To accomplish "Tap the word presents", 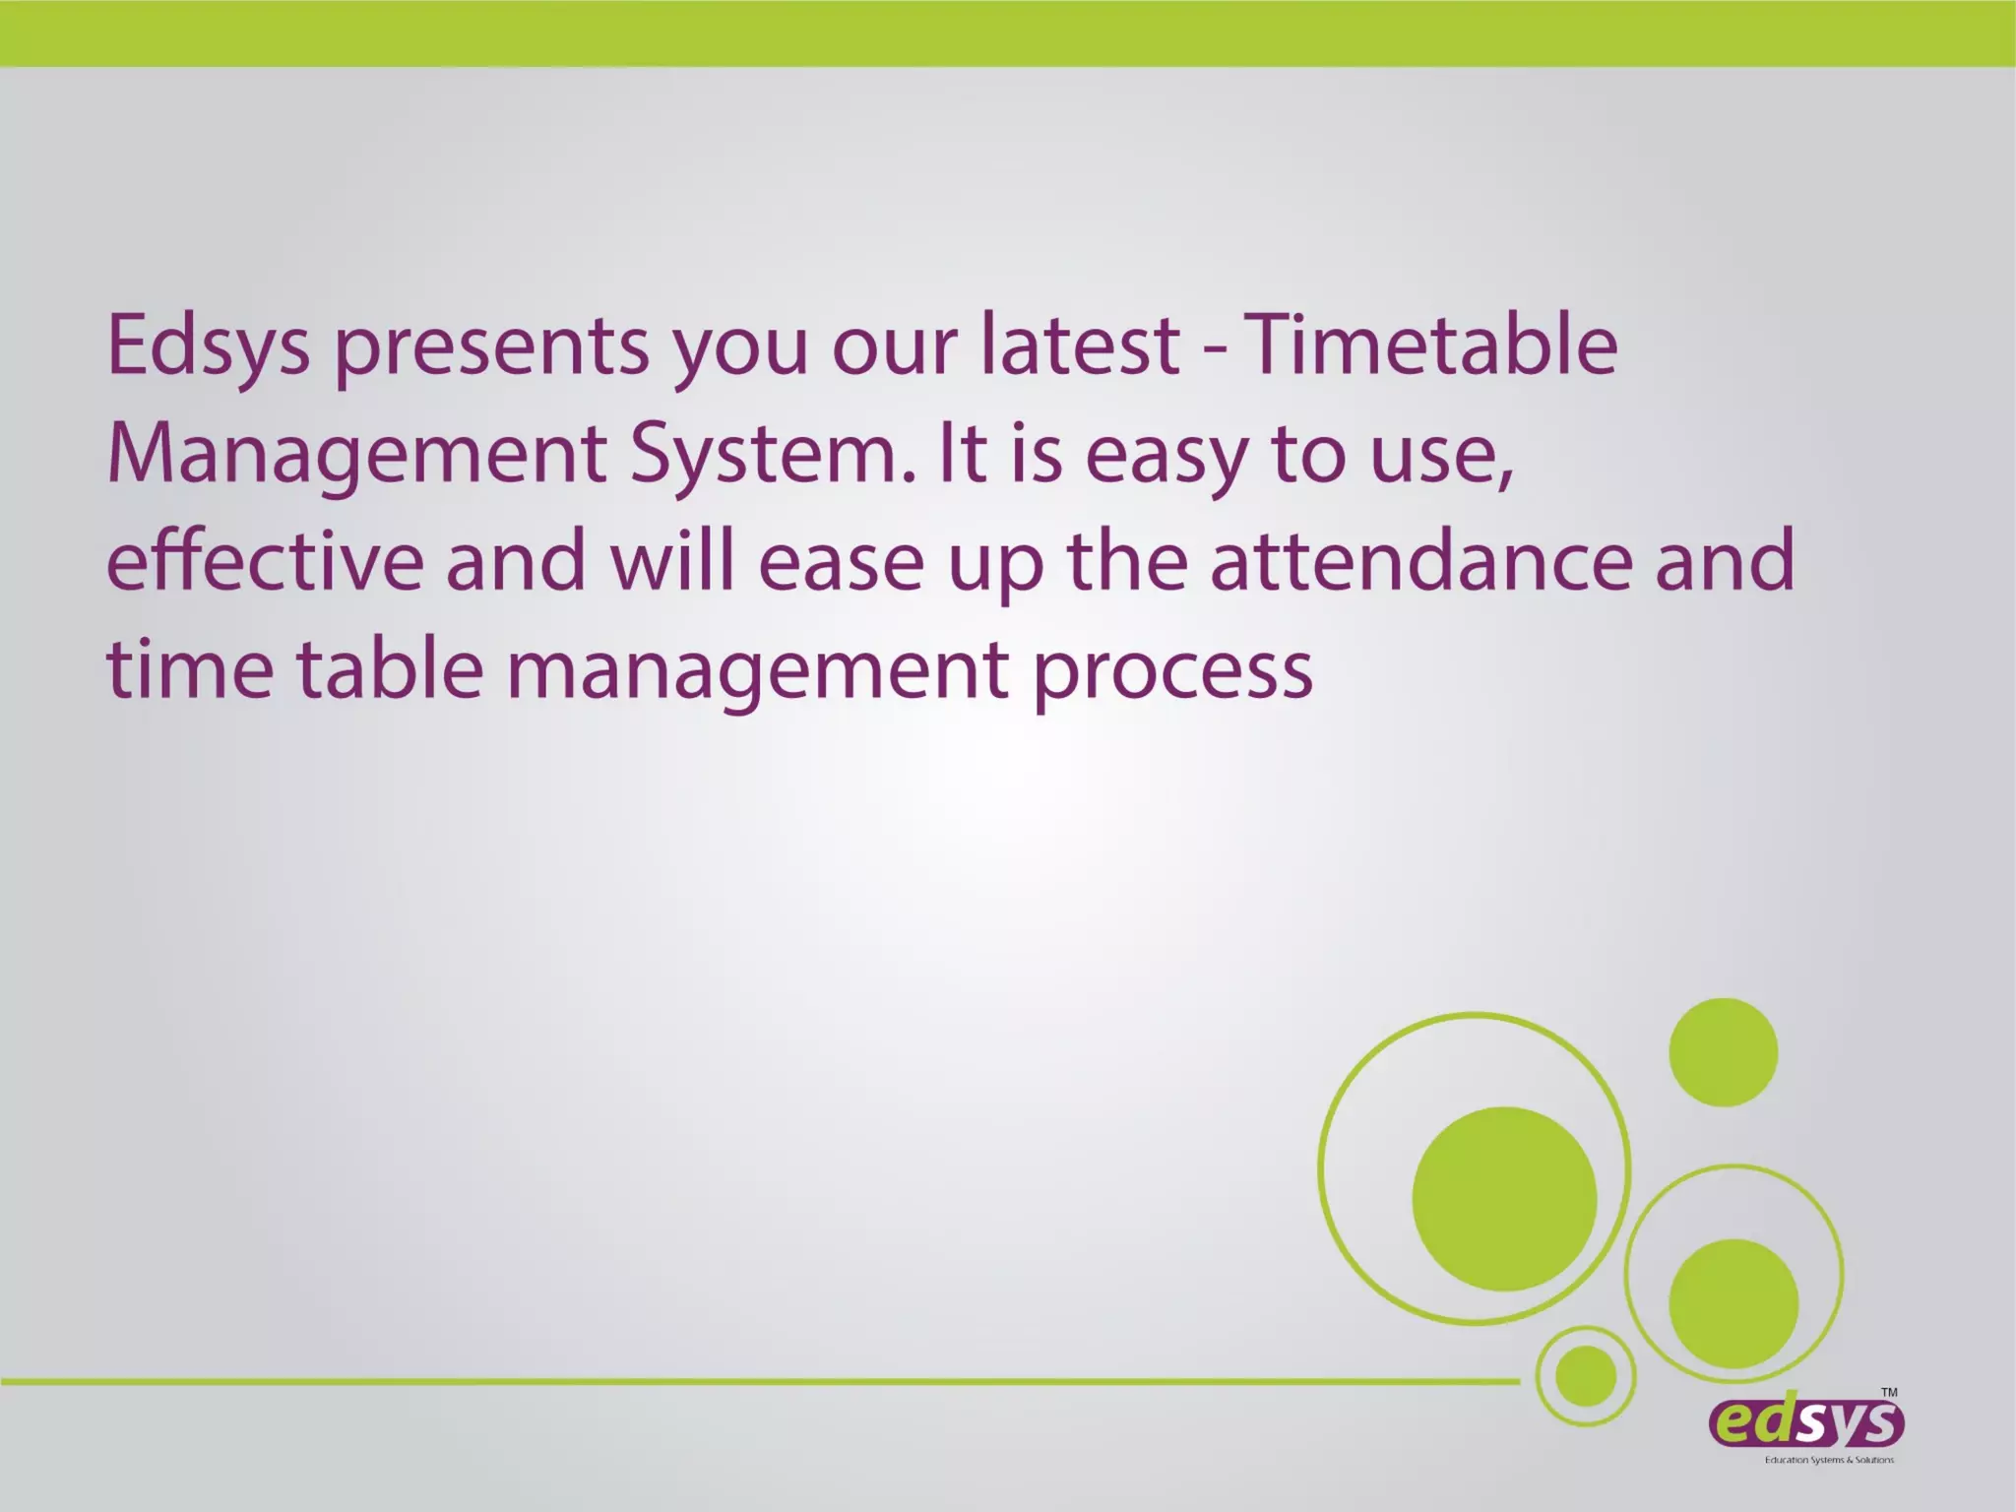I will tap(491, 347).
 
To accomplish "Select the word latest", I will tap(1080, 346).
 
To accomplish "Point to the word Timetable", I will tap(1432, 346).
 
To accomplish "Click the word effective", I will tap(265, 561).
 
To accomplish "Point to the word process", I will tap(1172, 672).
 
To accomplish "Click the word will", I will tap(672, 561).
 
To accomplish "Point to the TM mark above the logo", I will tap(1889, 1392).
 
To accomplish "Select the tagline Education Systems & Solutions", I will tap(1829, 1460).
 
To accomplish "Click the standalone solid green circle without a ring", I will tap(1723, 1052).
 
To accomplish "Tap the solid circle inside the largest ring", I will tap(1504, 1199).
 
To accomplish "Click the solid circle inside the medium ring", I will tap(1733, 1303).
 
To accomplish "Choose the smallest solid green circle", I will tap(1586, 1375).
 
